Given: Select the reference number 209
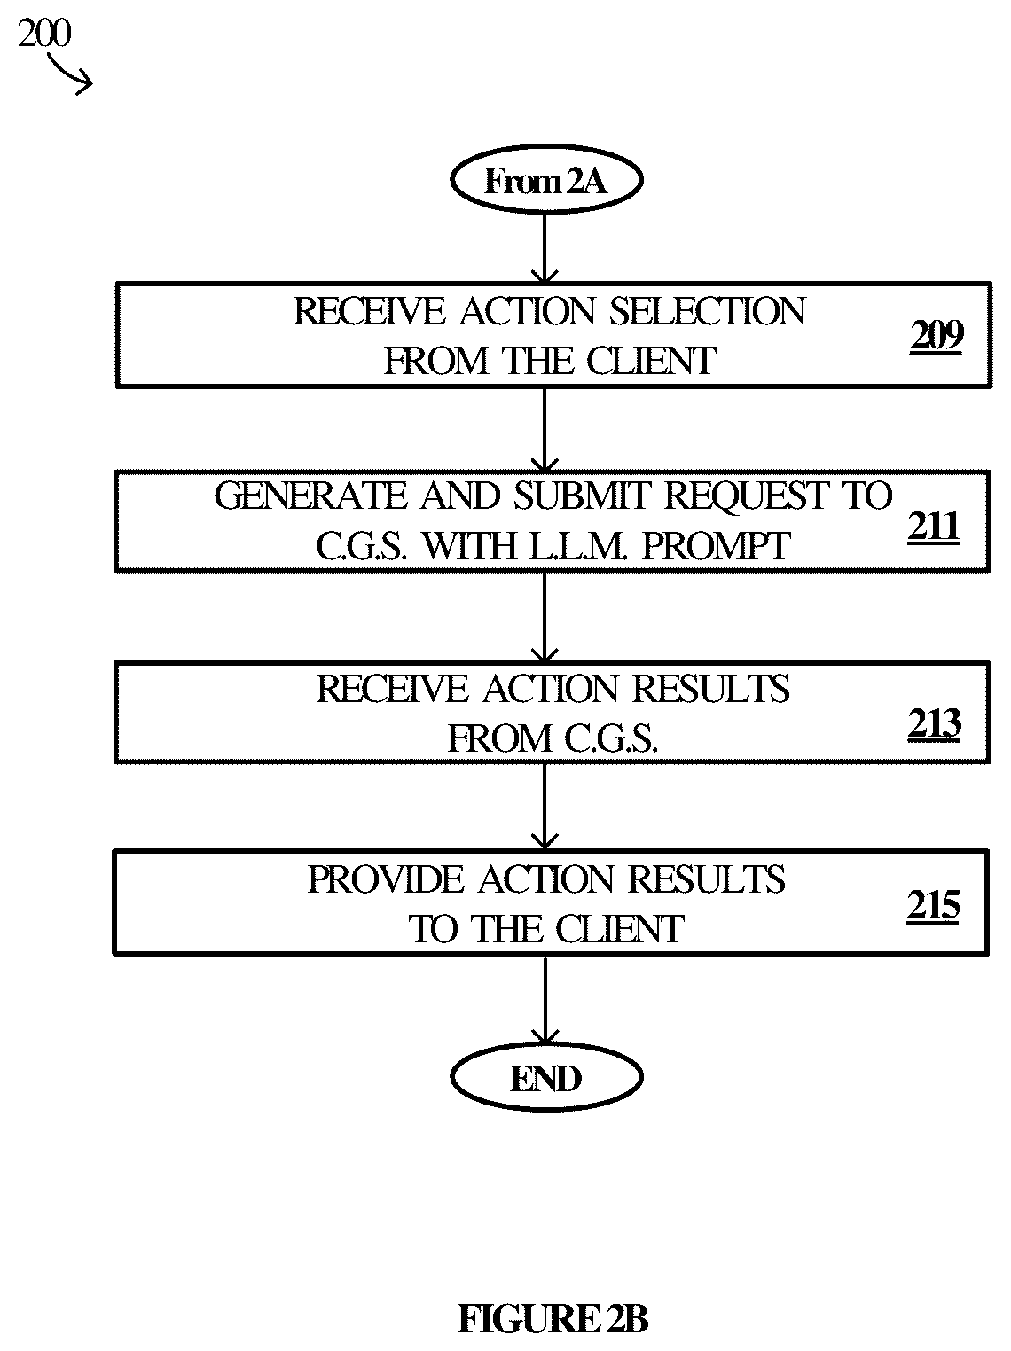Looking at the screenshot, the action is click(936, 337).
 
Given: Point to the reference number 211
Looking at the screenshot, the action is click(934, 527).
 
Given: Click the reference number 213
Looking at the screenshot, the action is click(934, 723).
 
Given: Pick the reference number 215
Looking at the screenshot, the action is click(933, 905).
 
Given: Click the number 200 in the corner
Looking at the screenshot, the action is click(44, 33).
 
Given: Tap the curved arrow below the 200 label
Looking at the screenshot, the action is click(69, 74).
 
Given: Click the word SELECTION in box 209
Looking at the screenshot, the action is click(708, 311).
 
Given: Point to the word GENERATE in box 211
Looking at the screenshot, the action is click(311, 496).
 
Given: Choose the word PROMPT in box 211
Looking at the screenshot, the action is click(716, 546).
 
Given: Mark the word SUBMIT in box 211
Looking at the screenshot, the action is click(583, 496).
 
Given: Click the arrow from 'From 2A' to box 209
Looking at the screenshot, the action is click(545, 248).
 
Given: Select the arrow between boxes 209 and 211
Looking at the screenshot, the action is click(545, 430).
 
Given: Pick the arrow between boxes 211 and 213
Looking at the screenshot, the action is click(545, 617).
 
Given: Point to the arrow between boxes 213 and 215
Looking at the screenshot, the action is click(545, 807).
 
